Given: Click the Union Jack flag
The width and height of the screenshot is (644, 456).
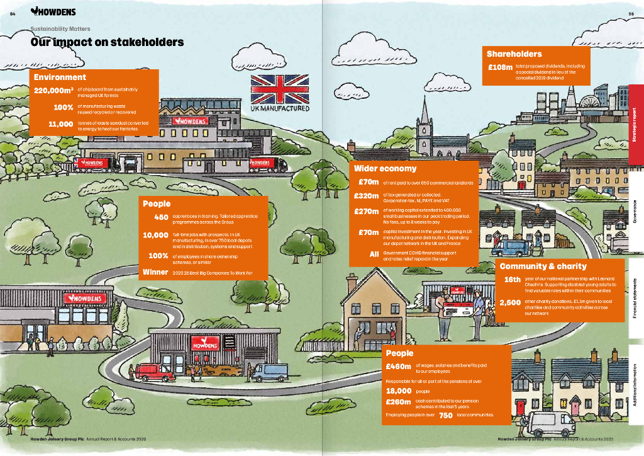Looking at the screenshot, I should [x=280, y=89].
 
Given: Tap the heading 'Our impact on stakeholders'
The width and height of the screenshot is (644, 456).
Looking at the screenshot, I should [x=107, y=42].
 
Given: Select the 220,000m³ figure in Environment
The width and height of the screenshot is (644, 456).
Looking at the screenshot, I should [x=53, y=91].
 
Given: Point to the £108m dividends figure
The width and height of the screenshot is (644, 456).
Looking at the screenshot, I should [x=501, y=67].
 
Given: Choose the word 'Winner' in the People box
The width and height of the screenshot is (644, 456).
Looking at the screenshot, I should [x=155, y=272].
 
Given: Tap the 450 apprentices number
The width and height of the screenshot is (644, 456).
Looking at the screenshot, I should [x=161, y=218].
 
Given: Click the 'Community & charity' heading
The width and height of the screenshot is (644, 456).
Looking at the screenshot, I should [x=543, y=266].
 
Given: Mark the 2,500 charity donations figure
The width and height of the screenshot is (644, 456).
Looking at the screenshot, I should [x=509, y=302].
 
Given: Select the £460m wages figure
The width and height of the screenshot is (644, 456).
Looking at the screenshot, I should [x=398, y=367].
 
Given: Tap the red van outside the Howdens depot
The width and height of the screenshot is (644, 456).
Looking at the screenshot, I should [x=155, y=372].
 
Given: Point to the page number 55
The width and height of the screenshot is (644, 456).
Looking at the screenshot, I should [x=631, y=14].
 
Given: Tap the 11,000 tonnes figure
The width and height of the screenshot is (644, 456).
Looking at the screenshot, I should [x=60, y=123].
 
